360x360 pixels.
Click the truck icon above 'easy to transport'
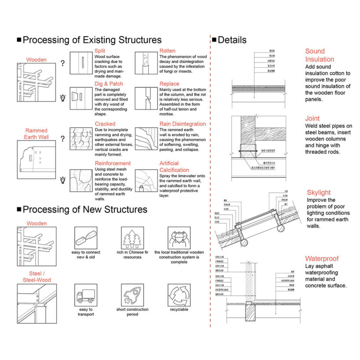[85, 295]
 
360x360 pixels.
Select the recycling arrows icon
[179, 295]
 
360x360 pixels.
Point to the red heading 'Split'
[100, 51]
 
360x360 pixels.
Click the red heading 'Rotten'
[168, 51]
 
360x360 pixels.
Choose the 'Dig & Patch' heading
[109, 84]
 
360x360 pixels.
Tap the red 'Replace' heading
[169, 84]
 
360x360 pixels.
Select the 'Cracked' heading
[105, 124]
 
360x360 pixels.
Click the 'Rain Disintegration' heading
[183, 124]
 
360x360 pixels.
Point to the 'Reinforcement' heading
[113, 163]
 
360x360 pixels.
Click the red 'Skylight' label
[319, 192]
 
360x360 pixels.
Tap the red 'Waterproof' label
[322, 259]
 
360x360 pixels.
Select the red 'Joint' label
[312, 118]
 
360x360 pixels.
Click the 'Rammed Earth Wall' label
[37, 134]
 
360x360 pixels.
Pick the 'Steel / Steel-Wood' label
[37, 276]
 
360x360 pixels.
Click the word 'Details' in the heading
[232, 40]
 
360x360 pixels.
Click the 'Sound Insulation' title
[320, 55]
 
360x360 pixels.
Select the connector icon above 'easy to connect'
[85, 238]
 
